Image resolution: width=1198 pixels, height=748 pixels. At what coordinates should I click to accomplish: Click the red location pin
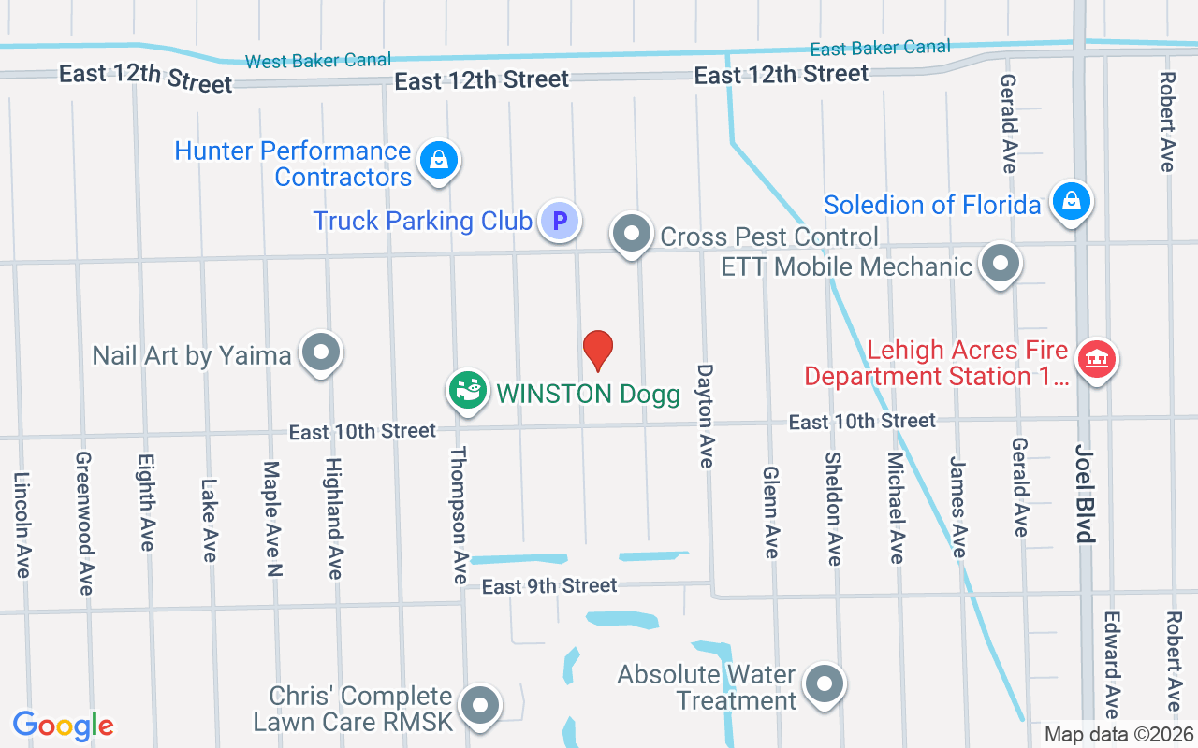[598, 350]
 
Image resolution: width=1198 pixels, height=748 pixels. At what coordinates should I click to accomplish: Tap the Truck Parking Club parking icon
[560, 222]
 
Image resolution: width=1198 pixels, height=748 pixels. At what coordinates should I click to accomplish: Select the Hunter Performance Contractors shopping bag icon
[438, 160]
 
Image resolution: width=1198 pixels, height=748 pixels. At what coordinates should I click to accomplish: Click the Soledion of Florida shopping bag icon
[1071, 201]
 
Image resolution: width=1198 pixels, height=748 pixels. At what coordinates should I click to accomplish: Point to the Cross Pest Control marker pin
[632, 232]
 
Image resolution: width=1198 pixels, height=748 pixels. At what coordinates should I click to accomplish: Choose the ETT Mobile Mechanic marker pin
[1001, 264]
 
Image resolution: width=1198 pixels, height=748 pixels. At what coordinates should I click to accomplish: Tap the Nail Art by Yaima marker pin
[322, 352]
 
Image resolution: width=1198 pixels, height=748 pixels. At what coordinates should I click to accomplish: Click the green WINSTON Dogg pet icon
[468, 388]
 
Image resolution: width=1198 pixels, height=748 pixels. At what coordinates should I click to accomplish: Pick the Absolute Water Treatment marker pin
[825, 683]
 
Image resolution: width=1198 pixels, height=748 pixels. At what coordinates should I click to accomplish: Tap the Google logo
[64, 726]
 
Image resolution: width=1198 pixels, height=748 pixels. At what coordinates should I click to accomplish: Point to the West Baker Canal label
[318, 61]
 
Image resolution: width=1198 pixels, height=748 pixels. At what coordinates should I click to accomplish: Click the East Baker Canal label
[880, 48]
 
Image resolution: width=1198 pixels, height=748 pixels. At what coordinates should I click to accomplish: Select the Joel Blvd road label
[1085, 493]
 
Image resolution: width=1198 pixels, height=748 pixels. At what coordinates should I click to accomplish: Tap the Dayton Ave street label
[706, 415]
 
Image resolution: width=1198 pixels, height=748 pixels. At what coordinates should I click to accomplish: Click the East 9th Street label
[549, 586]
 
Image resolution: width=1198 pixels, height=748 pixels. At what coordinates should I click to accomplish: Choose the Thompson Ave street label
[459, 515]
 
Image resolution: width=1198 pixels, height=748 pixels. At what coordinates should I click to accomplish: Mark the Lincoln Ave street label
[22, 524]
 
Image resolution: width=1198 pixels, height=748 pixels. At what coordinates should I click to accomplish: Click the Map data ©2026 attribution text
[1118, 734]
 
